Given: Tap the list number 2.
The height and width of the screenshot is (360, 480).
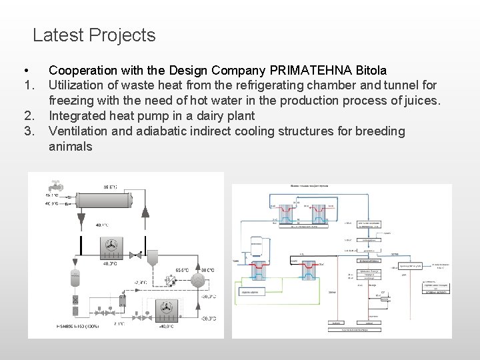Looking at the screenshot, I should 29,116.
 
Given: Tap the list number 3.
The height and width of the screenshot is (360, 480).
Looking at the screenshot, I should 29,131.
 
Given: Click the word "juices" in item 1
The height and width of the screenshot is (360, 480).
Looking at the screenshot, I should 421,101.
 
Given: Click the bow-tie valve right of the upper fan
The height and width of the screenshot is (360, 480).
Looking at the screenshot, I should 135,255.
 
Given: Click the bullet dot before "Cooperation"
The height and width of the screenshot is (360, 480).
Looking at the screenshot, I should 25,70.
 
